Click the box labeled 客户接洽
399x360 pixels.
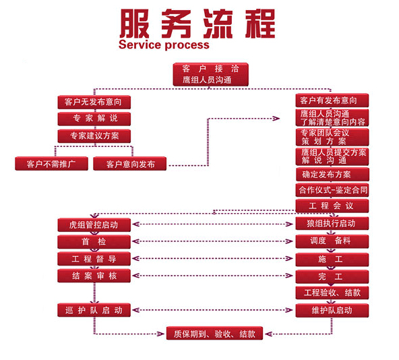coord(210,74)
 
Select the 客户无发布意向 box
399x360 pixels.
coord(94,102)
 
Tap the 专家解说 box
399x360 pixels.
coord(94,119)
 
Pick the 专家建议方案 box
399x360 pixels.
coord(94,136)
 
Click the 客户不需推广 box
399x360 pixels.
coord(51,164)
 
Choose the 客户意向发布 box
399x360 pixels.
coord(130,164)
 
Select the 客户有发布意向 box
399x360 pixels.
coord(332,100)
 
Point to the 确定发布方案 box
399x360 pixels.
coord(332,175)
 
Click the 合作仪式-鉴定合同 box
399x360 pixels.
coord(332,190)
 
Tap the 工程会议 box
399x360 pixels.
coord(332,206)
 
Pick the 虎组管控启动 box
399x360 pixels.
coord(94,224)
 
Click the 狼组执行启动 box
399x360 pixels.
coord(332,223)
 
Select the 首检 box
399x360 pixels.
coord(94,241)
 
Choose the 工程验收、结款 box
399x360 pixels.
coord(332,293)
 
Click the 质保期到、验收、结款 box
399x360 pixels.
coord(214,333)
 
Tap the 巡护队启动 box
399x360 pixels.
coord(94,310)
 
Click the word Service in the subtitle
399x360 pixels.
coord(140,44)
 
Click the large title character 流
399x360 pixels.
coord(218,24)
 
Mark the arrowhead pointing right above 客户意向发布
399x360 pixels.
coord(276,119)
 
